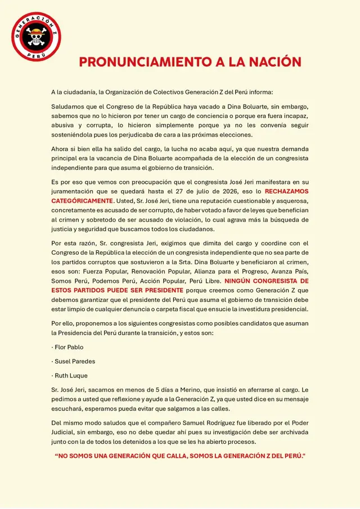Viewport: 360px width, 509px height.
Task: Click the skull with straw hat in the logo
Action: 37,37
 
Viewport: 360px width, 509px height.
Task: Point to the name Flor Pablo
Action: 68,347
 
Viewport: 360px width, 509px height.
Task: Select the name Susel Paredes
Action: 74,361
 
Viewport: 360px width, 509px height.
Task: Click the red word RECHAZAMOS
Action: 286,191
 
